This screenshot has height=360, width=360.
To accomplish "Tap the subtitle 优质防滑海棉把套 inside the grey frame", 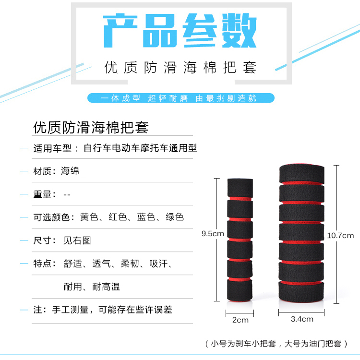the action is tap(180, 67).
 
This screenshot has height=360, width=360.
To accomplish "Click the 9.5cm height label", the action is tap(213, 234).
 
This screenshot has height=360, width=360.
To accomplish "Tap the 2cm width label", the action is tap(240, 320).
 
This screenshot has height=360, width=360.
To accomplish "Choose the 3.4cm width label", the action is tap(302, 319).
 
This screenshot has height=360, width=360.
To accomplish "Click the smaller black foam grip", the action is tap(240, 240).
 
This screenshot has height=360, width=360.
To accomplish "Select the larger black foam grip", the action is tap(302, 235).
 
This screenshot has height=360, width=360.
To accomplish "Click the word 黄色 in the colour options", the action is tap(89, 217).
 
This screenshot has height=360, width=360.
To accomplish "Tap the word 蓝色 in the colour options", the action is tap(146, 217).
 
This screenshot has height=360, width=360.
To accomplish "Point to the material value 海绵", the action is tap(70, 171).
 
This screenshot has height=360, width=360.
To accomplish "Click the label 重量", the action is tap(42, 194).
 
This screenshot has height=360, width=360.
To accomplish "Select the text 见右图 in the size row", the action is tap(77, 240).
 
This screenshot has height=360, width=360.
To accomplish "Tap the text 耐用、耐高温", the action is tap(92, 287).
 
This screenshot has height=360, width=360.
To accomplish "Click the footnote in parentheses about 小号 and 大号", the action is tap(276, 344).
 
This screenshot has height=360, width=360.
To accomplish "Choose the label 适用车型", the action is tap(50, 148).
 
